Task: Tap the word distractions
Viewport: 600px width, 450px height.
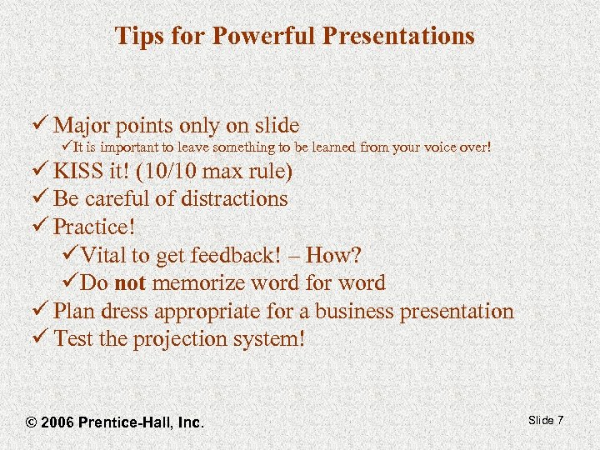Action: (x=230, y=198)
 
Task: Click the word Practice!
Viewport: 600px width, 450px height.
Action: (x=93, y=227)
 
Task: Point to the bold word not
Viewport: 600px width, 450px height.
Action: (x=131, y=283)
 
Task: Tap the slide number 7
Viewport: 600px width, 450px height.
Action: (x=560, y=420)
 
